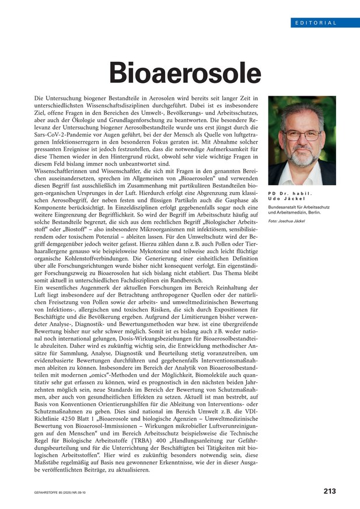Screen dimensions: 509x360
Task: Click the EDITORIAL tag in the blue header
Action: point(316,23)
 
